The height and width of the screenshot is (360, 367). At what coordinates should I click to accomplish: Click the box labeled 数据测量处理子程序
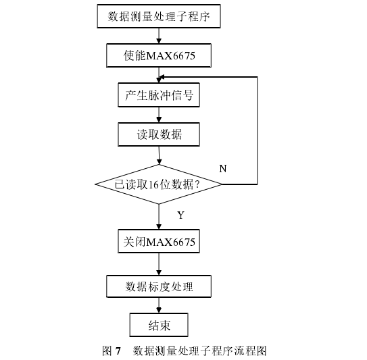pyautogui.click(x=159, y=16)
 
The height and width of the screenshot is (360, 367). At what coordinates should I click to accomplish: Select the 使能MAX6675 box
pyautogui.click(x=159, y=55)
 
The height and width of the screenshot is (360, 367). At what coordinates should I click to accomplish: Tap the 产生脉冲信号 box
pyautogui.click(x=159, y=95)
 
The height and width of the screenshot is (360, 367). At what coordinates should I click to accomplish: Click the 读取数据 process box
pyautogui.click(x=159, y=134)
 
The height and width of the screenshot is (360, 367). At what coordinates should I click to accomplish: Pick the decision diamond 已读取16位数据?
pyautogui.click(x=158, y=184)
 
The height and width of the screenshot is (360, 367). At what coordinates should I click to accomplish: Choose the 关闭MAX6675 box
pyautogui.click(x=159, y=241)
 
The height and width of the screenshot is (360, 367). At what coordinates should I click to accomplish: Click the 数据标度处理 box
pyautogui.click(x=159, y=286)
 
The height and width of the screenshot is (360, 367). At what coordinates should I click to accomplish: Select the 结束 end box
pyautogui.click(x=159, y=325)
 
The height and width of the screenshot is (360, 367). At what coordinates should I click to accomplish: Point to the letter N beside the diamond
pyautogui.click(x=223, y=168)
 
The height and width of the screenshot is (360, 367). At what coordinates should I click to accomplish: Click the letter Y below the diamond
pyautogui.click(x=180, y=215)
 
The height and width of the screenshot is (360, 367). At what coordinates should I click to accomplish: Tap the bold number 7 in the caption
pyautogui.click(x=118, y=351)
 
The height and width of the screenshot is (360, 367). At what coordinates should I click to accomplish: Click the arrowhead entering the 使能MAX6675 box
pyautogui.click(x=159, y=41)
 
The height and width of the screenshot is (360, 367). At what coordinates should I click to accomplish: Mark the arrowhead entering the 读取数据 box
pyautogui.click(x=159, y=120)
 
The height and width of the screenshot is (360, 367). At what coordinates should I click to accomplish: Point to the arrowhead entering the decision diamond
pyautogui.click(x=159, y=161)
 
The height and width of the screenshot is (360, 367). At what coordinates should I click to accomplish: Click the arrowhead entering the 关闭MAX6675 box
pyautogui.click(x=159, y=226)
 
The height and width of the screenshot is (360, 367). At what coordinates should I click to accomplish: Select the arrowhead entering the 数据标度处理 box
pyautogui.click(x=159, y=272)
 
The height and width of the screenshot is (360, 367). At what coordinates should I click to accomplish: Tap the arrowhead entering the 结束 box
pyautogui.click(x=159, y=311)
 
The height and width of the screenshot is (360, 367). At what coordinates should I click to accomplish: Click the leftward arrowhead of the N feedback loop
pyautogui.click(x=162, y=77)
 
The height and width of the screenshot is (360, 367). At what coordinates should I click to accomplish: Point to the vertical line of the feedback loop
pyautogui.click(x=258, y=130)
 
